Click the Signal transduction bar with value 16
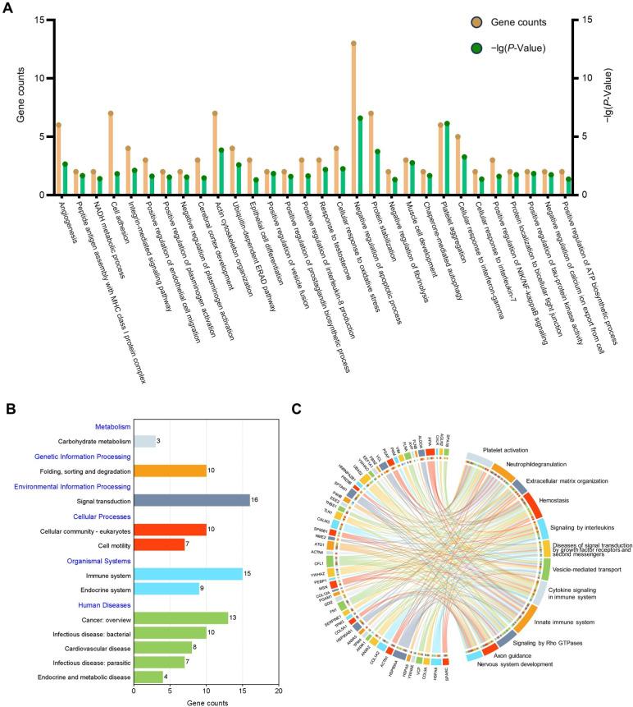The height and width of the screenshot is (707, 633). (191, 499)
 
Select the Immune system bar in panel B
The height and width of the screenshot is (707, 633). (187, 574)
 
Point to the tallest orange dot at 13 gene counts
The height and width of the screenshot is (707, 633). (353, 44)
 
